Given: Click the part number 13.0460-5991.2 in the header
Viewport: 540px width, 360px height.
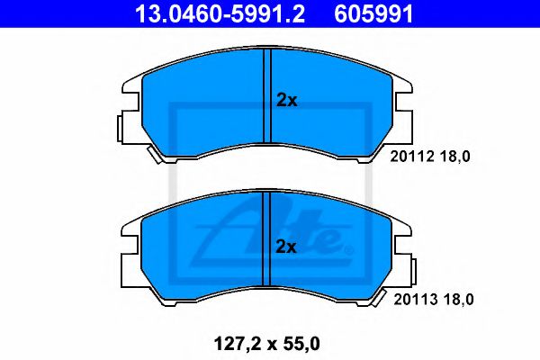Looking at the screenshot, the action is tap(220, 13).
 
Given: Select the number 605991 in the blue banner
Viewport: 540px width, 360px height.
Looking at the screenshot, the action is tap(373, 13).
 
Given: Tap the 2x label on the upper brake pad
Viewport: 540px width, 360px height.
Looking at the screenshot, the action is tap(286, 101).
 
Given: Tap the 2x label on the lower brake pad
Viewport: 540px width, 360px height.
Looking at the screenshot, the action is tap(286, 247).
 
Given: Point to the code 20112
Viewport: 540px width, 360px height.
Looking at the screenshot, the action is tap(412, 157).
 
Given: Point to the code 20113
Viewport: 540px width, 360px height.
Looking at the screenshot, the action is tap(415, 300).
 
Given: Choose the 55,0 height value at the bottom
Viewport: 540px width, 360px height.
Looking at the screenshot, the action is tap(300, 344).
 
